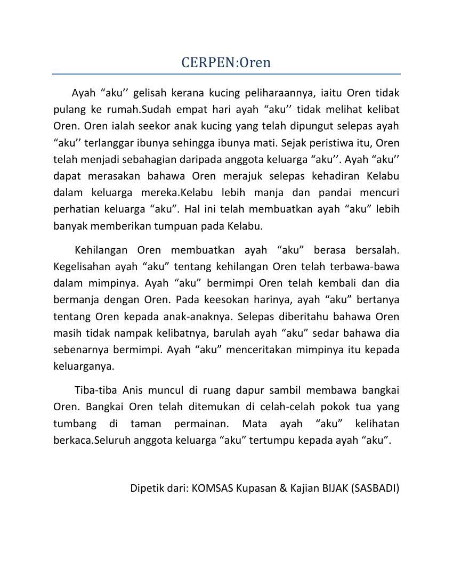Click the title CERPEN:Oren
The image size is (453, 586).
(x=226, y=62)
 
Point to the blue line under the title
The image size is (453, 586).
(x=226, y=74)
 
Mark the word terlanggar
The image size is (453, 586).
(x=104, y=143)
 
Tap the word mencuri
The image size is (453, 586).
(x=375, y=192)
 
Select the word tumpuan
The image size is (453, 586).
(x=174, y=226)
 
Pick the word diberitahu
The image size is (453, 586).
(x=298, y=316)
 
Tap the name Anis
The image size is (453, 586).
(x=133, y=390)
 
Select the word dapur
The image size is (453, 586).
(x=249, y=390)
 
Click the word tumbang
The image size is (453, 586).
(x=75, y=424)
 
